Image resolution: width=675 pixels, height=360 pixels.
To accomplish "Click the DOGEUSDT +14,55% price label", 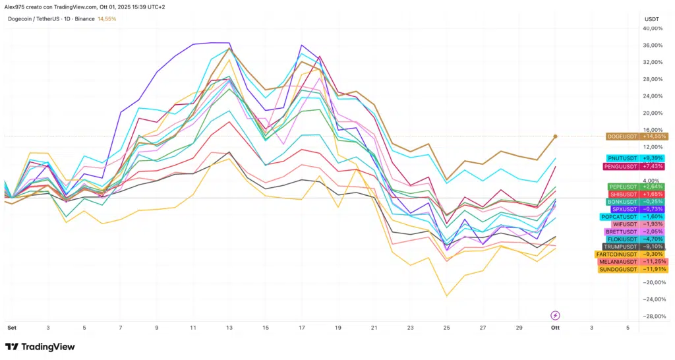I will point(637,136).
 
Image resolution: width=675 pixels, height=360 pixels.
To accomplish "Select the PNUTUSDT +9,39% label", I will point(637,158).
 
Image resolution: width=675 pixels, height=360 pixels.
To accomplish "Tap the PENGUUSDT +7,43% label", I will point(637,167).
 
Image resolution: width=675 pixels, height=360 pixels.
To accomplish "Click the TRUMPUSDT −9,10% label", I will point(635,247).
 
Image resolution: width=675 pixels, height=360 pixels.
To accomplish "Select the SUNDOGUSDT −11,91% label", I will point(633,269).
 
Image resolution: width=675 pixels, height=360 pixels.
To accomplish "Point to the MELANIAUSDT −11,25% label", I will point(633,262).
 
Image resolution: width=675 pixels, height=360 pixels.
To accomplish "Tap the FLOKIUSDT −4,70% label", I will point(637,239).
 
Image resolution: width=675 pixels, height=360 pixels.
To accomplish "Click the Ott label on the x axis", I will point(555,327).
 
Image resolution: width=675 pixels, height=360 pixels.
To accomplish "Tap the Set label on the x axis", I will point(11,327).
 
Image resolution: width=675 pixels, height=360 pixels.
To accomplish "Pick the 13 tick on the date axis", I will point(229,327).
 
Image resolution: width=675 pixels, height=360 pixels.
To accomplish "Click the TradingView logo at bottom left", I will point(40,347).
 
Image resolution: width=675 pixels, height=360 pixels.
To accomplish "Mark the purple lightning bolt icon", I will point(555,315).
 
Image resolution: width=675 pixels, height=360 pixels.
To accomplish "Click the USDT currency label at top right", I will point(651,19).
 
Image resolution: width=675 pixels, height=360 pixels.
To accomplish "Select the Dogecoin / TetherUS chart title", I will point(46,19).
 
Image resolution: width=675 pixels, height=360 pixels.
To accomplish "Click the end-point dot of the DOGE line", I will point(555,136).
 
